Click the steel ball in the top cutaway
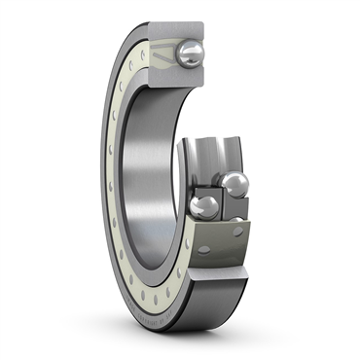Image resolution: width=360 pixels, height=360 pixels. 191,54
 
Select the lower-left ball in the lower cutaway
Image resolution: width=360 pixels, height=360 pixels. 203,207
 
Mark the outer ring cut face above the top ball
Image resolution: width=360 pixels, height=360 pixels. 189,30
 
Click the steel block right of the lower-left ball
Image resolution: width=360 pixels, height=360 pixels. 234,206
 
